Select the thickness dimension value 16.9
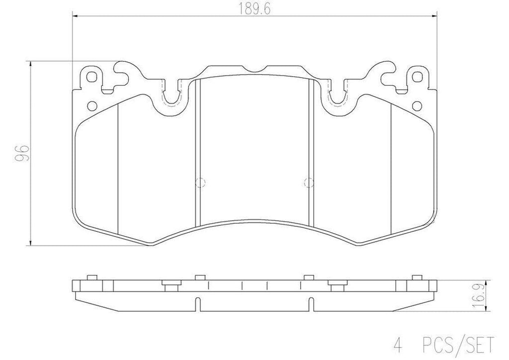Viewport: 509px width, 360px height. click(498, 297)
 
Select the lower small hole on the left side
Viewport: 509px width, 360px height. click(91, 105)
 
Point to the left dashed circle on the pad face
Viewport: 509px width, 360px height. click(200, 182)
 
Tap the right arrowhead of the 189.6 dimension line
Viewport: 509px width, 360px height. click(435, 16)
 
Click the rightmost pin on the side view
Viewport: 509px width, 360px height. click(417, 277)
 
